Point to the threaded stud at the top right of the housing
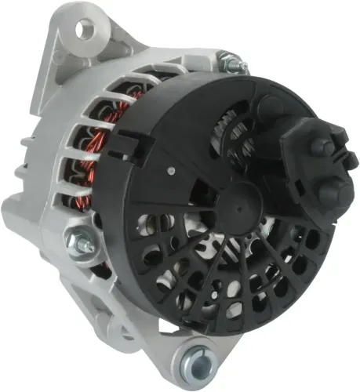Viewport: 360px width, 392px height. (229, 60)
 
